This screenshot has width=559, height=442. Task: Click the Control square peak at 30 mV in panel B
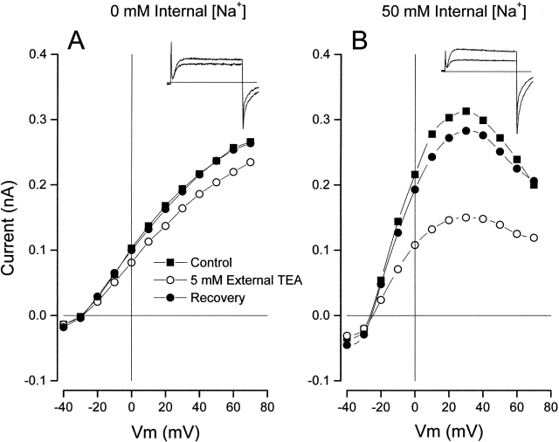(466, 111)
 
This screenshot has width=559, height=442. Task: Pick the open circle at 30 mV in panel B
(466, 217)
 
